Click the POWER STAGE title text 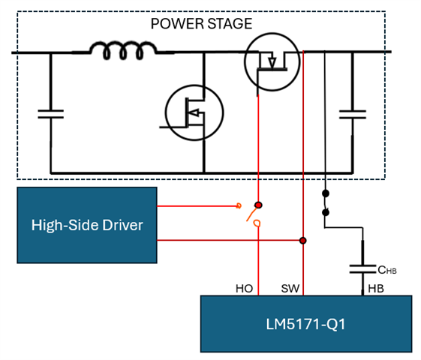point(201,23)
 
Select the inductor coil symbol point(123,50)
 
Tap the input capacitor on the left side point(51,114)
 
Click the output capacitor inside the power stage point(353,114)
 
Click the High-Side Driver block point(87,225)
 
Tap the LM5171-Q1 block point(306,324)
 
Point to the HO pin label point(244,289)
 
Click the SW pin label point(290,289)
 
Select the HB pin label point(376,289)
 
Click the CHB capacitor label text point(387,270)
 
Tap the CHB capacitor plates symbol point(362,269)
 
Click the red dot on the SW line point(303,240)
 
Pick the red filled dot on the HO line point(258,205)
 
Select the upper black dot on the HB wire point(326,193)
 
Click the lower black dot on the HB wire point(326,212)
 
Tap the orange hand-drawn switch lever point(251,214)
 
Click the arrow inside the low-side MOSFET point(194,113)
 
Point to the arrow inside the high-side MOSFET point(272,62)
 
